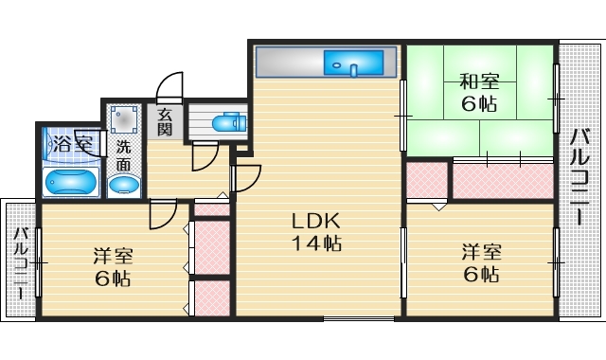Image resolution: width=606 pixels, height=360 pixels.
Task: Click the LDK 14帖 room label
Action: (x=315, y=232)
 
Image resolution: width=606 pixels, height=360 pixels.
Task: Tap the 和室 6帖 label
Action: (x=479, y=93)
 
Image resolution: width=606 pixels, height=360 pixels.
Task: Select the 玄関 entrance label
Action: (x=165, y=122)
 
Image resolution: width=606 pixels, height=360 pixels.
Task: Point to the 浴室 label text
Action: (x=72, y=145)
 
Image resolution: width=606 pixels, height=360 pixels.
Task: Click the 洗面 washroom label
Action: (x=124, y=155)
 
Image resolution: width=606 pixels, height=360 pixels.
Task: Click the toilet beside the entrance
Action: (x=226, y=123)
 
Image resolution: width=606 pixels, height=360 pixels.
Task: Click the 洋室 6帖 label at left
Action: (x=112, y=267)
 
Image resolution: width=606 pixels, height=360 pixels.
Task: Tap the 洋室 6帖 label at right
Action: (x=480, y=262)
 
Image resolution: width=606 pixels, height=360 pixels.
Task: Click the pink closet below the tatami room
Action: (x=502, y=180)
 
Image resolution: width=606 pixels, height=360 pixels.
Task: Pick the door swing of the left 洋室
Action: (x=162, y=216)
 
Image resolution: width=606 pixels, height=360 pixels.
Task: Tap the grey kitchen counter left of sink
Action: (x=289, y=63)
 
